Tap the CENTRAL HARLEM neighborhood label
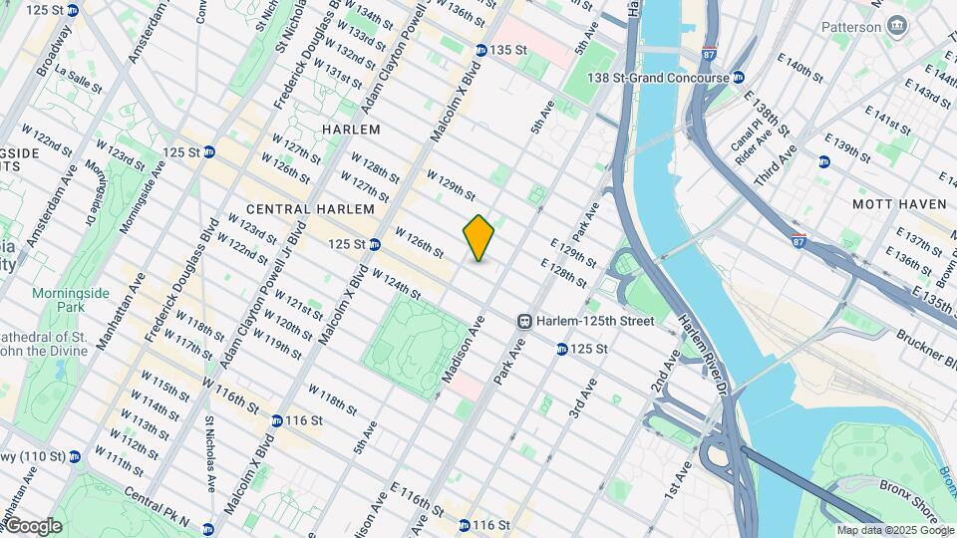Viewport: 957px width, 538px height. pos(309,209)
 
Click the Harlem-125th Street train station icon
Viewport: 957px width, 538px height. pos(523,321)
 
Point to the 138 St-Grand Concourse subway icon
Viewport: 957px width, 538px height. pos(738,78)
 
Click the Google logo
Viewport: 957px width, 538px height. pos(32,526)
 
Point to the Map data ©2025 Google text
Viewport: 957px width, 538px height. pos(893,530)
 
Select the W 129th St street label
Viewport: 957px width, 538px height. pos(451,185)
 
